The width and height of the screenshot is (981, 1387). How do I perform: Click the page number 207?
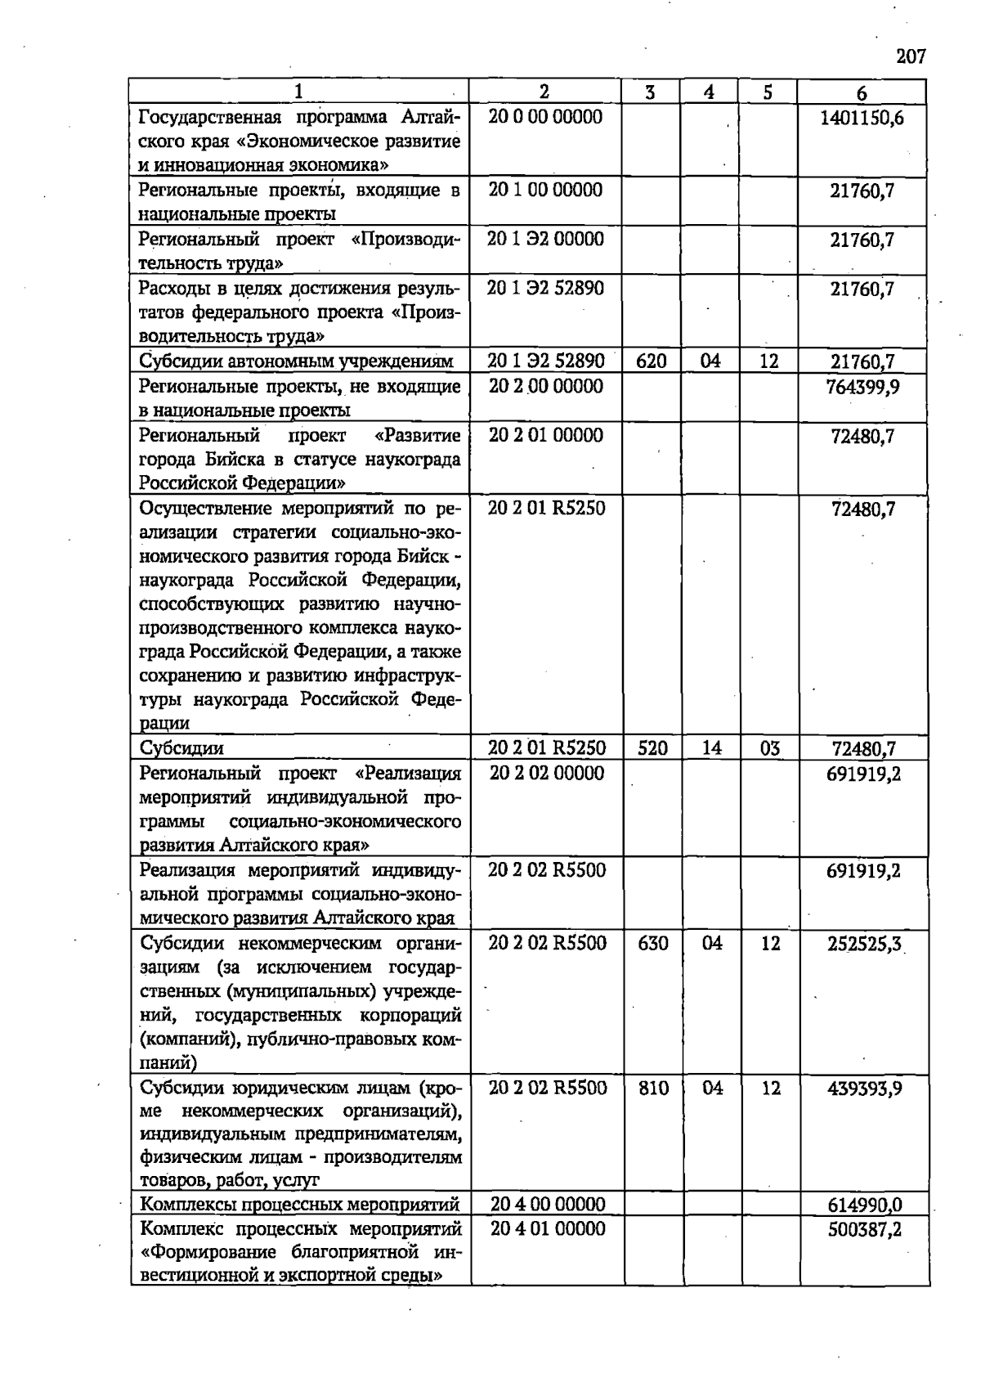tap(911, 56)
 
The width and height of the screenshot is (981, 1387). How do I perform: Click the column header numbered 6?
tap(862, 92)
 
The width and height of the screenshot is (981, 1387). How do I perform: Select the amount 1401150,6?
tap(862, 118)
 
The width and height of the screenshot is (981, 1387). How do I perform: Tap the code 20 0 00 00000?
tap(545, 117)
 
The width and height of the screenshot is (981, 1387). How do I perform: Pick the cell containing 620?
tap(652, 361)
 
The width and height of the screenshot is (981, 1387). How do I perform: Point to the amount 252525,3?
tap(864, 945)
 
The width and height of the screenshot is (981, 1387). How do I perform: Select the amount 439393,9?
tap(864, 1089)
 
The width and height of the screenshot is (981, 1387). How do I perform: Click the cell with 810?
tap(653, 1089)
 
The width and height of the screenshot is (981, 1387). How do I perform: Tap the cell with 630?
tap(653, 944)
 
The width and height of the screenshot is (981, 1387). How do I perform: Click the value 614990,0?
tap(864, 1205)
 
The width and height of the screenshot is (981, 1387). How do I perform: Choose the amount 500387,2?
tap(864, 1229)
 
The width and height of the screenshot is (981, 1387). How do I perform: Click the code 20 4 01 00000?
tap(548, 1228)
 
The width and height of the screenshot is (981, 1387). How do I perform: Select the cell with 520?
tap(652, 748)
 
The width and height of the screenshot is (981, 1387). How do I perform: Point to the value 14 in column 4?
tap(711, 748)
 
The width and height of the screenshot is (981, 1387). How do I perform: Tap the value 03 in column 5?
tap(769, 748)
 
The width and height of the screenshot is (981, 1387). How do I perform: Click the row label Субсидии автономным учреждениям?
tap(296, 361)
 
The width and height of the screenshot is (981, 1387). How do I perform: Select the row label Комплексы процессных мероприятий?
tap(300, 1205)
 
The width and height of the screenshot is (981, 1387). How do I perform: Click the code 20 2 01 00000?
tap(545, 435)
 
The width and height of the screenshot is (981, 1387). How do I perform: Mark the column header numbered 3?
tap(650, 92)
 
